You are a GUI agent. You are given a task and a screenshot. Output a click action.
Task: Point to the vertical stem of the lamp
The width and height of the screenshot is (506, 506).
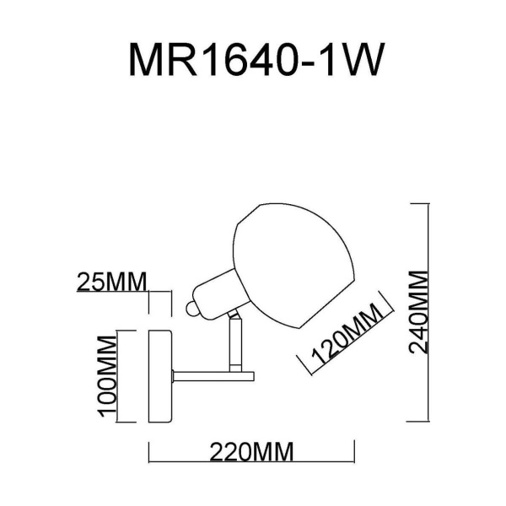click(235, 346)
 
